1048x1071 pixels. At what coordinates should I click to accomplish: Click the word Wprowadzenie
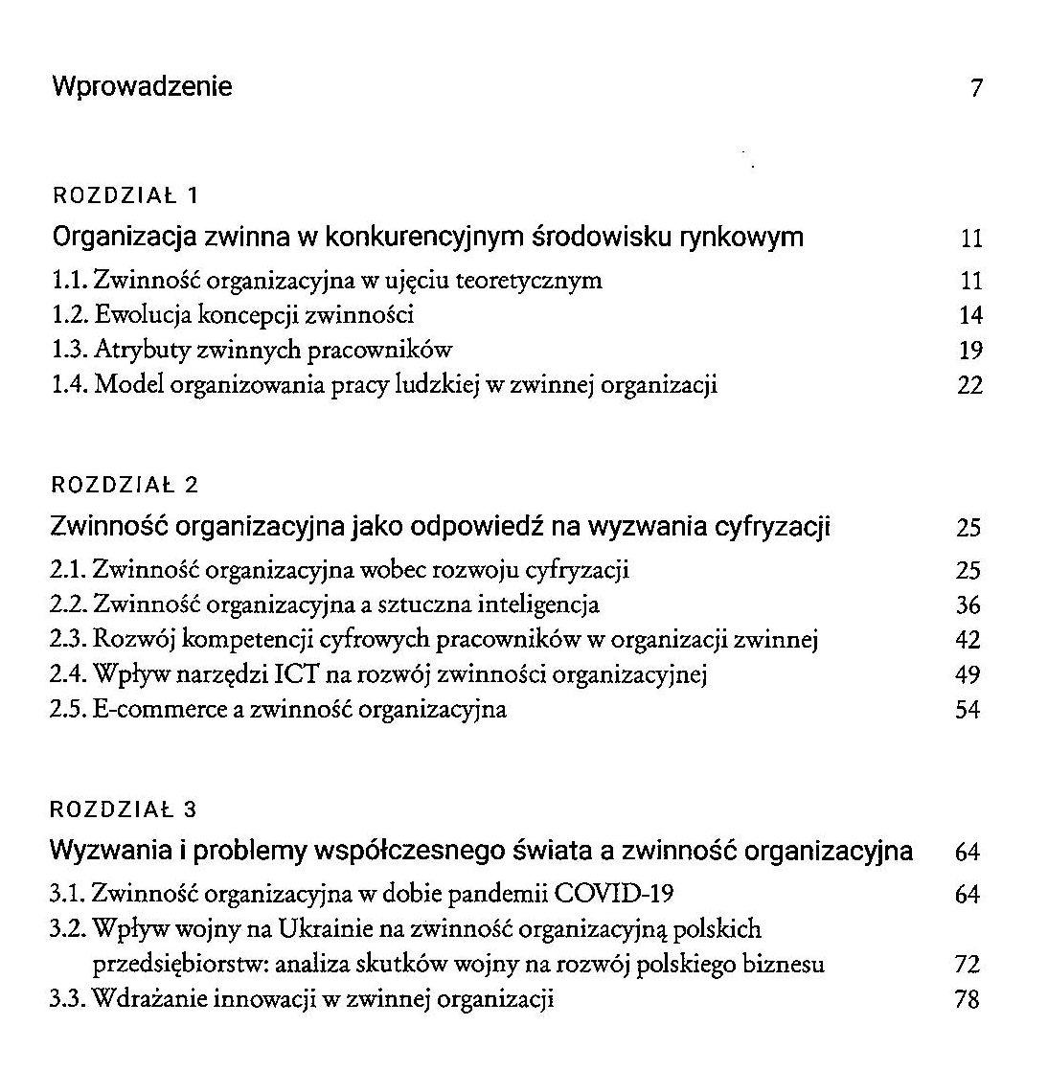(142, 87)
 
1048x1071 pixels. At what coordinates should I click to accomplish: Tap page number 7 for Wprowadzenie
(976, 89)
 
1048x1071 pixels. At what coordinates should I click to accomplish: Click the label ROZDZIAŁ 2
(125, 485)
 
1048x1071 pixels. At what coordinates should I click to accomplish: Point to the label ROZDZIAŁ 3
(124, 809)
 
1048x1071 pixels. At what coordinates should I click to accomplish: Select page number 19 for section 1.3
(970, 351)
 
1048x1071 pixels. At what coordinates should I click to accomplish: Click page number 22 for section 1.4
(969, 386)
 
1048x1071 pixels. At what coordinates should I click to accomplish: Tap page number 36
(968, 605)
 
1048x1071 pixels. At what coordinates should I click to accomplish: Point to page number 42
(968, 641)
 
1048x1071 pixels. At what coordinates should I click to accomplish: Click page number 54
(968, 711)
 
